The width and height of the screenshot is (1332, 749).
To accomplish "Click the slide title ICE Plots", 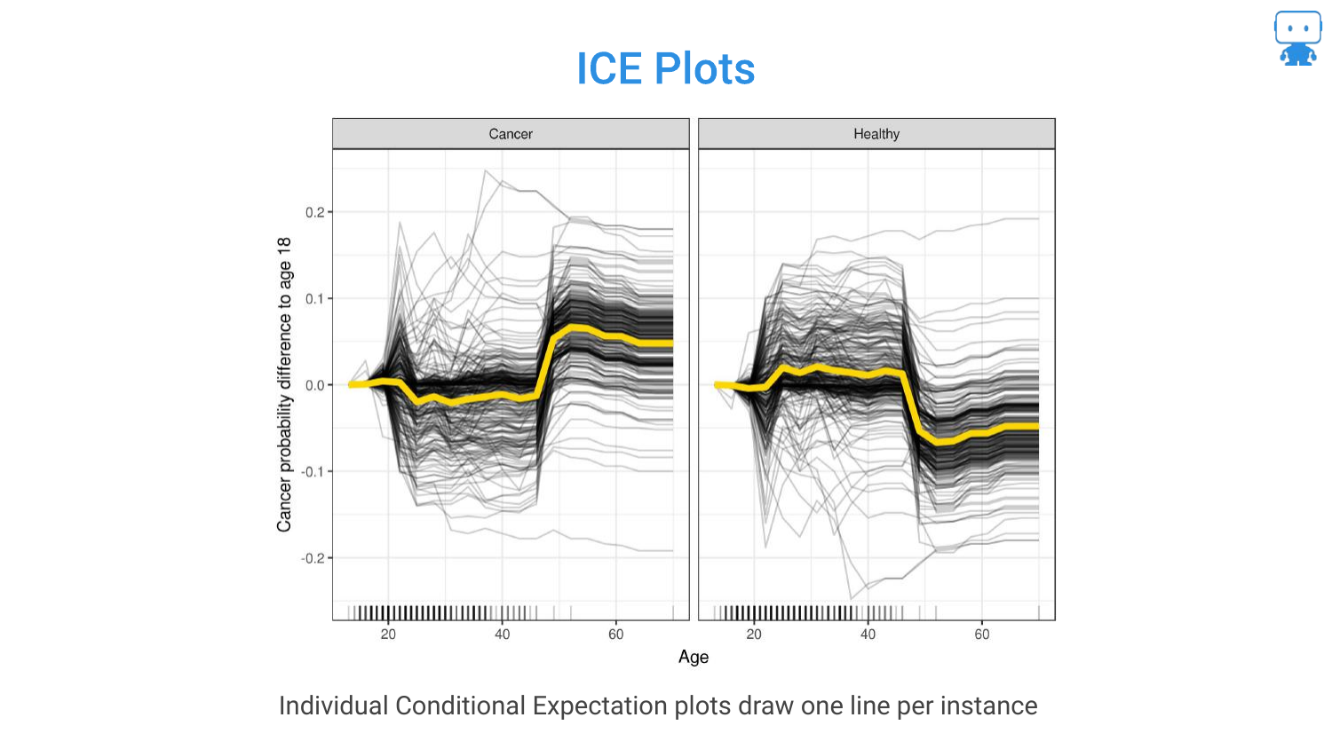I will pos(665,69).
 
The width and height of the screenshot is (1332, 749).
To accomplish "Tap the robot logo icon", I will pos(1297,38).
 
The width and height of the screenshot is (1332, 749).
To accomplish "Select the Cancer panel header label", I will pos(511,134).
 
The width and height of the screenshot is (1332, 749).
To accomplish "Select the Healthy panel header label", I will pos(876,134).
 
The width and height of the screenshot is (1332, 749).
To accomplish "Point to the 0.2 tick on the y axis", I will pos(314,212).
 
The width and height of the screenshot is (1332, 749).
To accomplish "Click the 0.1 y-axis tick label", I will pos(314,299).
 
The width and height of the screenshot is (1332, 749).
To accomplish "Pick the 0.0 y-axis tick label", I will pos(314,385).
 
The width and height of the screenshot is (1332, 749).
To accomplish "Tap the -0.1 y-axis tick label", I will pos(313,471).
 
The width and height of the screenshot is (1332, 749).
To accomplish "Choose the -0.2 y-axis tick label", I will pos(313,558).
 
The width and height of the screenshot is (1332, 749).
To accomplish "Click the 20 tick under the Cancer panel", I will pos(388,635).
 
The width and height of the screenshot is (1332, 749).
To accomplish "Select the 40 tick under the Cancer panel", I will pos(503,635).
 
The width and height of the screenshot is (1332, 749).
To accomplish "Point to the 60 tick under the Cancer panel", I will pos(616,635).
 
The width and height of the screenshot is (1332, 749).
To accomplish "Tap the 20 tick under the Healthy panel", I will pos(754,635).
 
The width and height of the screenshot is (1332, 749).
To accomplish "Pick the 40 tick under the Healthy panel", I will pos(868,635).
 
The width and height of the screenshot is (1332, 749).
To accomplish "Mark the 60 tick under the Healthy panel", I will pos(982,635).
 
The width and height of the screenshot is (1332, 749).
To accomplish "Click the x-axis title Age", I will pos(694,657).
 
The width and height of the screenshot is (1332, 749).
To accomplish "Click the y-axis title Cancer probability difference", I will pos(284,384).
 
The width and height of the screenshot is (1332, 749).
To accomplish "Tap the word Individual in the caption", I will pos(333,706).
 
